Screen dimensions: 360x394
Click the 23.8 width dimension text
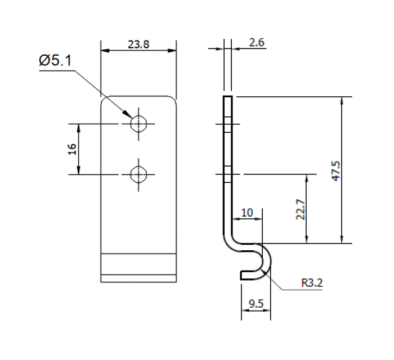pos(138,45)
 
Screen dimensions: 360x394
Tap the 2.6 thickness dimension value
pos(257,43)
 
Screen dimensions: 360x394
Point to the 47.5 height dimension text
pos(336,170)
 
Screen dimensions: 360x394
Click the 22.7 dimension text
pos(301,209)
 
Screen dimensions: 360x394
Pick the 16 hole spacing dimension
pos(71,149)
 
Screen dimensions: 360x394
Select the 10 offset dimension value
pos(247,213)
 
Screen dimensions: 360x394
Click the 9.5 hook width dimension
pos(256,305)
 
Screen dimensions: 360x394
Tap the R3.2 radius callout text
pos(311,283)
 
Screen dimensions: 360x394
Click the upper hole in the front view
pos(138,123)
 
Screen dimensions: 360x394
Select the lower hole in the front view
pos(138,175)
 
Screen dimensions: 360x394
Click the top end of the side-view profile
pos(227,98)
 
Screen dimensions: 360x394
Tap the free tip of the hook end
pos(243,274)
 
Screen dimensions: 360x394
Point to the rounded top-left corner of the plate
pos(104,99)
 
